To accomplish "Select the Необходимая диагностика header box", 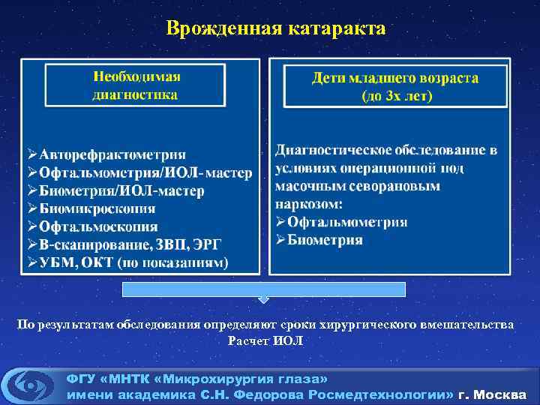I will (136, 85).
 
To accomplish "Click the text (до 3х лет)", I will (397, 96).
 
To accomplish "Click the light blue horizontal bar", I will (265, 289).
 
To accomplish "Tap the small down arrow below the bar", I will (263, 300).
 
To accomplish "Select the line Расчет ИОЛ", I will (265, 340).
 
